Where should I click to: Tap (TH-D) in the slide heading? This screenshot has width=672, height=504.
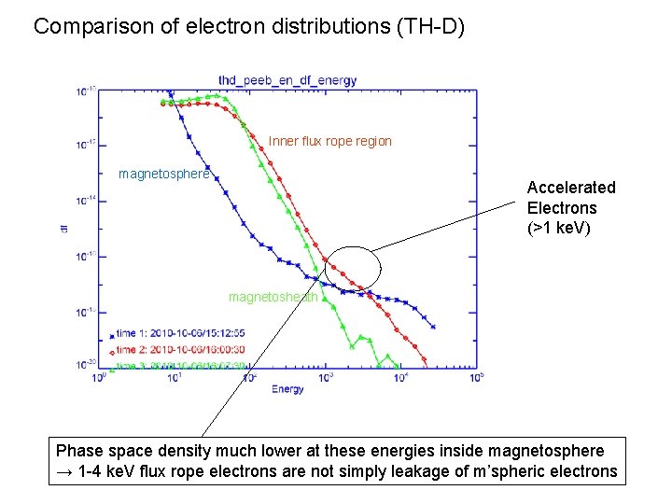(x=430, y=26)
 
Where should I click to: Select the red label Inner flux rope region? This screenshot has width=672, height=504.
(x=329, y=142)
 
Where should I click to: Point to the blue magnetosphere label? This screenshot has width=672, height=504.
(x=164, y=175)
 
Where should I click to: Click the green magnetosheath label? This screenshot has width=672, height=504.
(x=273, y=297)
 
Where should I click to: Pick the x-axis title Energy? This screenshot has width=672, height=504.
(x=288, y=388)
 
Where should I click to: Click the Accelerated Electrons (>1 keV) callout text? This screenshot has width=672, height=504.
(x=571, y=207)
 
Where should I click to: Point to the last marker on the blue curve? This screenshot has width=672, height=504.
(x=433, y=327)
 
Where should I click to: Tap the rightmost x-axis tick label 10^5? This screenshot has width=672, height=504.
(x=476, y=378)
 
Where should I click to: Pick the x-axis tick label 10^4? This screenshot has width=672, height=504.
(x=400, y=378)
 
